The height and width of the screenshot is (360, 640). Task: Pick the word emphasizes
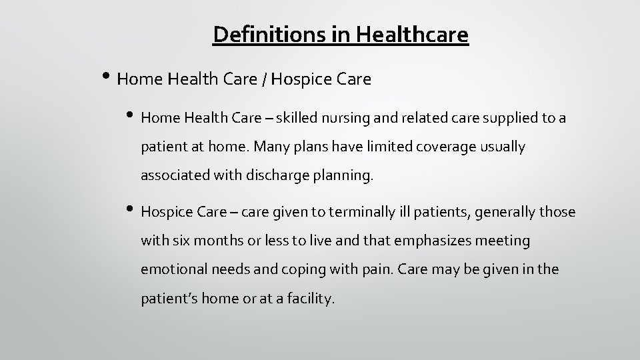(423, 241)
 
